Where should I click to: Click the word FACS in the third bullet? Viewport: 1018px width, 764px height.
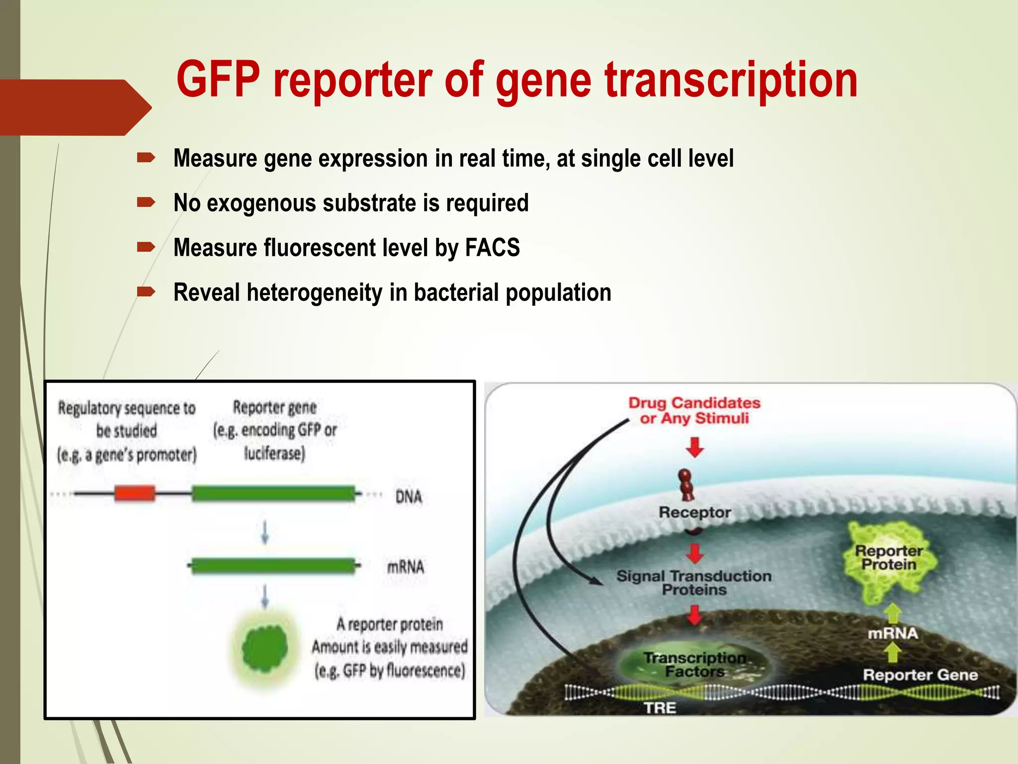point(492,247)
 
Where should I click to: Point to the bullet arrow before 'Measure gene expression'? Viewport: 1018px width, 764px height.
point(146,158)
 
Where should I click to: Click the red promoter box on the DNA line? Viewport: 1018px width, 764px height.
point(134,493)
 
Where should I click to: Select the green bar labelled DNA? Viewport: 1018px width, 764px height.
point(273,493)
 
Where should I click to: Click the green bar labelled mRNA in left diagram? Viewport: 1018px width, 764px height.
point(273,566)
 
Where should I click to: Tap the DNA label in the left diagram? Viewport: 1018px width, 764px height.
point(408,496)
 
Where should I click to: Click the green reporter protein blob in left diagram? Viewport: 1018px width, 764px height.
point(265,647)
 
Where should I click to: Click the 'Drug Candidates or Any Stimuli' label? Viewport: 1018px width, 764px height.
point(694,410)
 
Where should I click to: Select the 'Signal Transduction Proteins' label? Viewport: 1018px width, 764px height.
point(694,582)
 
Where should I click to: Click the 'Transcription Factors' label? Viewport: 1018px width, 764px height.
point(694,665)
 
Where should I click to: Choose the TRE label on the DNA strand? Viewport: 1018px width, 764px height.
point(660,707)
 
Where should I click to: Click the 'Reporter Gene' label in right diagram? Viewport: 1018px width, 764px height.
point(920,674)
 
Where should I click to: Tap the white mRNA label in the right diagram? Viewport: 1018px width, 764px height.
point(893,633)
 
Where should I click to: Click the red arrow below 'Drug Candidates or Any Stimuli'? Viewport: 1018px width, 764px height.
point(694,447)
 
